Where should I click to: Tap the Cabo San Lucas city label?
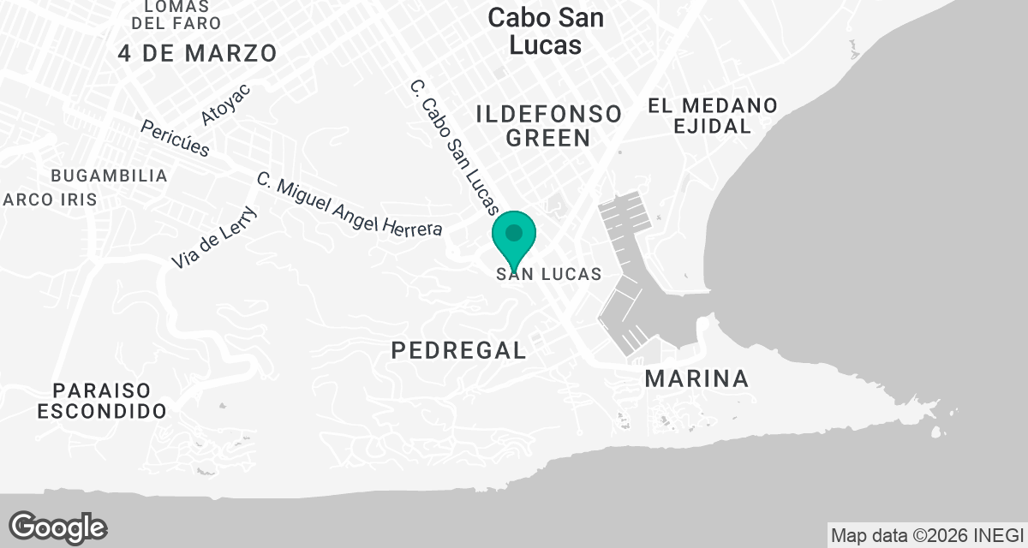coord(545,32)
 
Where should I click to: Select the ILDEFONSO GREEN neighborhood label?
coord(548,126)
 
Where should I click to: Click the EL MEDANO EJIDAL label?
coord(712,116)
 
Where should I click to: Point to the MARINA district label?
coord(696,378)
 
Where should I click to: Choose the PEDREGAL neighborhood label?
coord(458,349)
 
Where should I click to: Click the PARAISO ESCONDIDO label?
coord(101,401)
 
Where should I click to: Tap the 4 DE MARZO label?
coord(198,53)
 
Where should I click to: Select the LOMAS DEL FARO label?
coord(182,15)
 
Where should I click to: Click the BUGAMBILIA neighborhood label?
coord(109,176)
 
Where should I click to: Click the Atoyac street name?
coord(225,104)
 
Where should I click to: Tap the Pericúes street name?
coord(175,137)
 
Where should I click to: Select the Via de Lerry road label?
coord(214,238)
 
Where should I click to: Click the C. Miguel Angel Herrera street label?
coord(350,205)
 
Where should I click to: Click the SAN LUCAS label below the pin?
coord(546,274)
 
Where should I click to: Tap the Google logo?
coord(58,527)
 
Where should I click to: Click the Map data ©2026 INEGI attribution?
coord(926,535)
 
